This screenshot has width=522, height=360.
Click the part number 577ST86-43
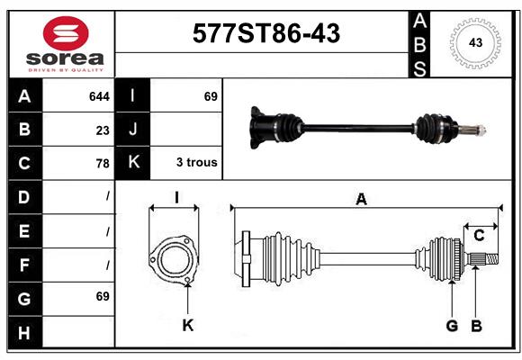[266, 33]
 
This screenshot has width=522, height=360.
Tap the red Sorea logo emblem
[66, 33]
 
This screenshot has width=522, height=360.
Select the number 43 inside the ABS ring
[475, 42]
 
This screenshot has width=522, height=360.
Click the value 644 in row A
[99, 96]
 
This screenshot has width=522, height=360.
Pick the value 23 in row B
[103, 130]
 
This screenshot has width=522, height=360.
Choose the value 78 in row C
[103, 164]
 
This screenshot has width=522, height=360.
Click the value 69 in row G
[103, 296]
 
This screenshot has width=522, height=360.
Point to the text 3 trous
[197, 162]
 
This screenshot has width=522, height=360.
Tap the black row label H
[24, 332]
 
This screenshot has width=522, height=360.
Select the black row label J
[132, 130]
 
